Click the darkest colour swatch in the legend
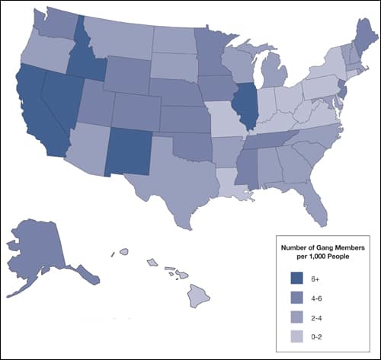tap(297, 277)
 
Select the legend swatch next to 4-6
tap(297, 297)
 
